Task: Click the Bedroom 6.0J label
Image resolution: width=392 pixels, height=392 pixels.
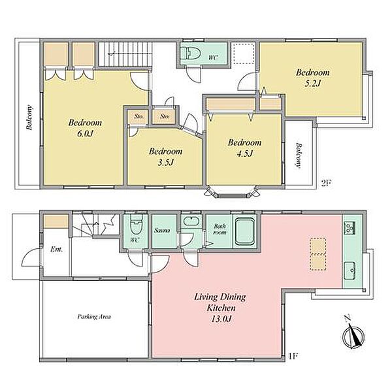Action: pos(85,128)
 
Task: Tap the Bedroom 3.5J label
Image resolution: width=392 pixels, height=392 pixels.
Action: pos(165,157)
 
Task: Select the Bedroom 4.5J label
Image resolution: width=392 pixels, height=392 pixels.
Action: pos(244,148)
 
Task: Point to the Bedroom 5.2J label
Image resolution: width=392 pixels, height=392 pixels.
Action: pos(312,78)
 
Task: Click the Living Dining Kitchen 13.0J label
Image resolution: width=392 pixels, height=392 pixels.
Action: pos(220,308)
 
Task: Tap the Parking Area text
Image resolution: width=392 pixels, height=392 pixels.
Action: pos(94,317)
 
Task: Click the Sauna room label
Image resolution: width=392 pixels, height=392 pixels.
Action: pos(162,230)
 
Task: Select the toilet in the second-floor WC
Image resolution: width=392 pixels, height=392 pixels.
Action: pos(191,53)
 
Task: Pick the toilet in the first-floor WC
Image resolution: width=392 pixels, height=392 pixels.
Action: pos(137,224)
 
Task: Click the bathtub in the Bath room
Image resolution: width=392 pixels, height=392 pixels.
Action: pos(245,231)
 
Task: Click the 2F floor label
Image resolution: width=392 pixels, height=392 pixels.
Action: pos(326,184)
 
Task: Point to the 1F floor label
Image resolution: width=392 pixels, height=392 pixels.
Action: pos(293,355)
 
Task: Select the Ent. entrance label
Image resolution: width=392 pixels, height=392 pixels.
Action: pos(56,250)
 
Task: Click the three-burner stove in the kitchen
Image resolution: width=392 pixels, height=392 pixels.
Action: pos(350,228)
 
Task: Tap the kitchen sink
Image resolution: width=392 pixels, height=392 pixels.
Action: pos(350,270)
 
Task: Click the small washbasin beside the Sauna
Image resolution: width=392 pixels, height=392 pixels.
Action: pos(191,221)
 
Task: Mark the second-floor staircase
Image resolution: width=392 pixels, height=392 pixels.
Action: pos(125,54)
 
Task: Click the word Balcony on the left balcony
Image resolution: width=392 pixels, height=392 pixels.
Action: pos(29,117)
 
